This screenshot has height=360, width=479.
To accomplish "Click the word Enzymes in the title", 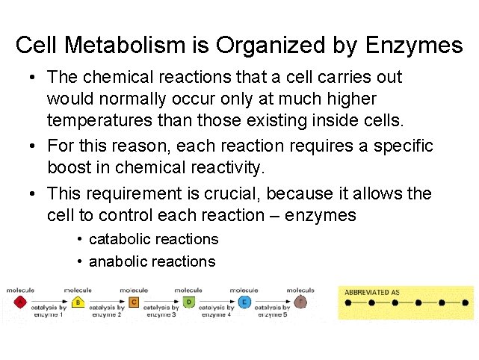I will [414, 46].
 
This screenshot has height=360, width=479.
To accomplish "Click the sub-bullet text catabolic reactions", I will [153, 239].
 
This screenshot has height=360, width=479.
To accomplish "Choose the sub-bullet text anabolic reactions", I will [152, 261].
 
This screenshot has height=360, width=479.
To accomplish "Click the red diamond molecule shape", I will [20, 302].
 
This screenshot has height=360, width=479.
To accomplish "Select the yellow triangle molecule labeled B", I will [78, 302].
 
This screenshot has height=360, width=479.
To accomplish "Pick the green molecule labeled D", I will [189, 302].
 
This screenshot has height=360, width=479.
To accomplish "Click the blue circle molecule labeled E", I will [244, 302].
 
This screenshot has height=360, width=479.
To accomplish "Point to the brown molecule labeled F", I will [301, 302].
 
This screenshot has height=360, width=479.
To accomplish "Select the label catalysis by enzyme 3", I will [160, 311].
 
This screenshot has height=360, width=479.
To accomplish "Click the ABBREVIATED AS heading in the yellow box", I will [377, 291].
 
